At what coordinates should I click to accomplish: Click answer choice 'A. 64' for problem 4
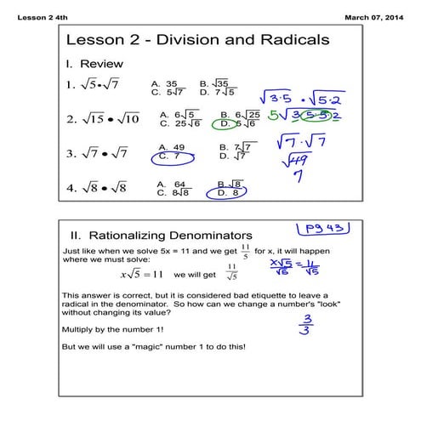pyautogui.click(x=171, y=183)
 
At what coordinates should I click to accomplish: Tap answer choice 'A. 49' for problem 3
pyautogui.click(x=172, y=146)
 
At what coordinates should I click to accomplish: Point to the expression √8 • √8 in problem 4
pyautogui.click(x=107, y=187)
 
